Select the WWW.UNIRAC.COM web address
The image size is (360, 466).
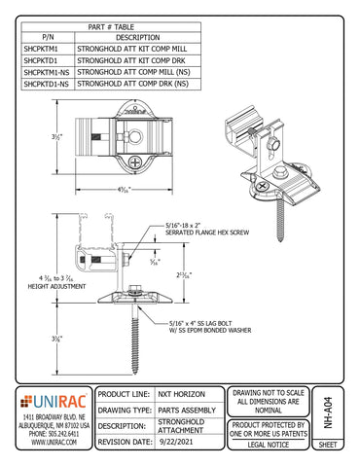(54, 443)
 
